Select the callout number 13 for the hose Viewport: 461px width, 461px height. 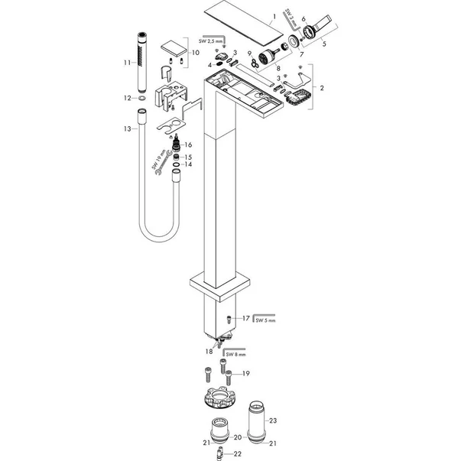(x=128, y=129)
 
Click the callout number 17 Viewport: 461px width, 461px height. (x=245, y=317)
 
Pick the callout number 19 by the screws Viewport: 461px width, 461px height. (x=245, y=373)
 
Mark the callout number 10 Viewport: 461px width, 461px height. (x=196, y=53)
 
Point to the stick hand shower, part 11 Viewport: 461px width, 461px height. (x=142, y=60)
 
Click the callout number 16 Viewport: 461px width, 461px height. (x=188, y=144)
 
